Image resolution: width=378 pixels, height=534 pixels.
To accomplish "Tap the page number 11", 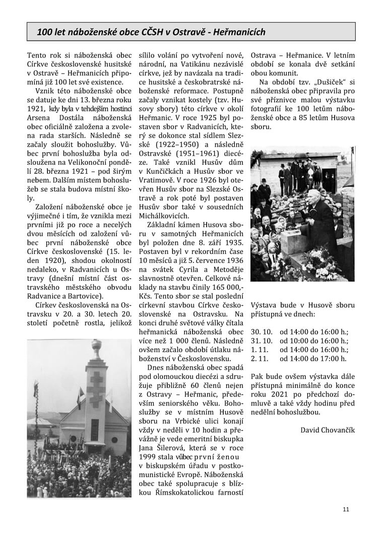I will [345, 509].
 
